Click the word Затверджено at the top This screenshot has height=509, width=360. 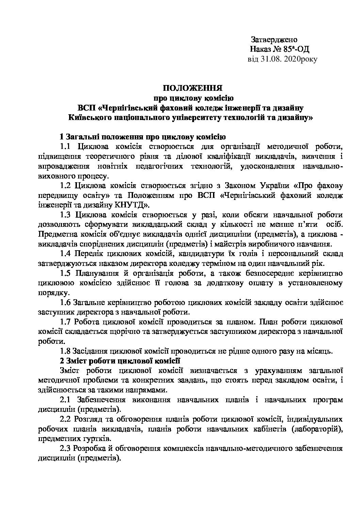274,39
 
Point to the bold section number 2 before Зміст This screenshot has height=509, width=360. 62,360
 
